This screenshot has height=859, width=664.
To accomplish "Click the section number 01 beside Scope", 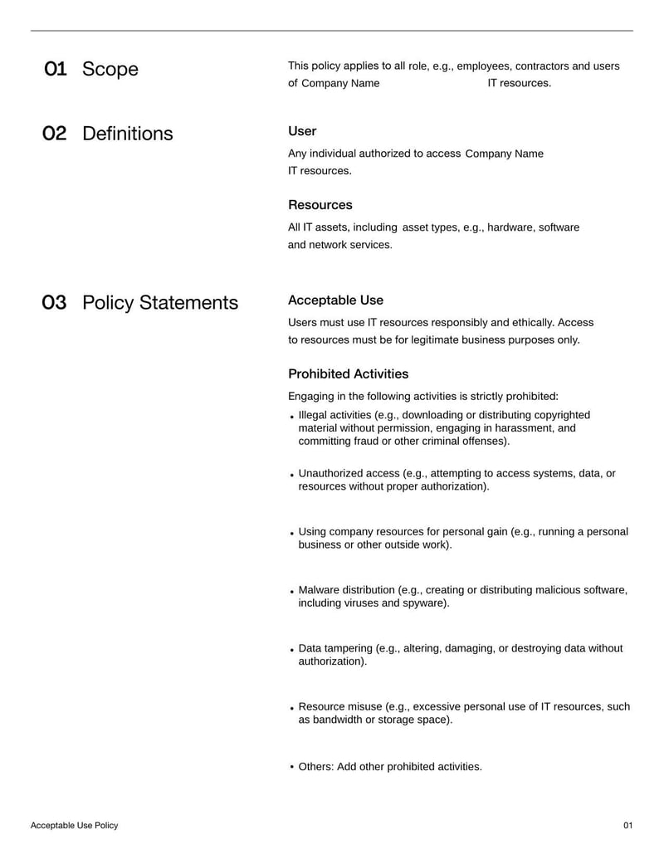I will point(56,69).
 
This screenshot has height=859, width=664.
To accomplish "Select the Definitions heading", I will point(128,134).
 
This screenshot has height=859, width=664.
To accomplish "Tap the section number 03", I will point(54,303).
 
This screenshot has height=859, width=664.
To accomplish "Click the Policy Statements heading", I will point(160,303).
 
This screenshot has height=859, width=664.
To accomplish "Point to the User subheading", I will point(302,131).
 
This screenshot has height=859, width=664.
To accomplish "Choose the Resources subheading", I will point(320,205).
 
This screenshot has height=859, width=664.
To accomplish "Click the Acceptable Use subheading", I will point(335,300).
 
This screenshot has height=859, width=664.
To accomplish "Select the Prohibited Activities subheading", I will point(348,374).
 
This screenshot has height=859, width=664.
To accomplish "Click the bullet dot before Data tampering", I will point(292,650).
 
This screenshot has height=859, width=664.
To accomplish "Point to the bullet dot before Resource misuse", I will point(292,709).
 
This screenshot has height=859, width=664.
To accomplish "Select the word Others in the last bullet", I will point(315,767).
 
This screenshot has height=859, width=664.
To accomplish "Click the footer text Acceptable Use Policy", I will point(75,826).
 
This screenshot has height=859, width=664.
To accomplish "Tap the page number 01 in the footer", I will point(627,826).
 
